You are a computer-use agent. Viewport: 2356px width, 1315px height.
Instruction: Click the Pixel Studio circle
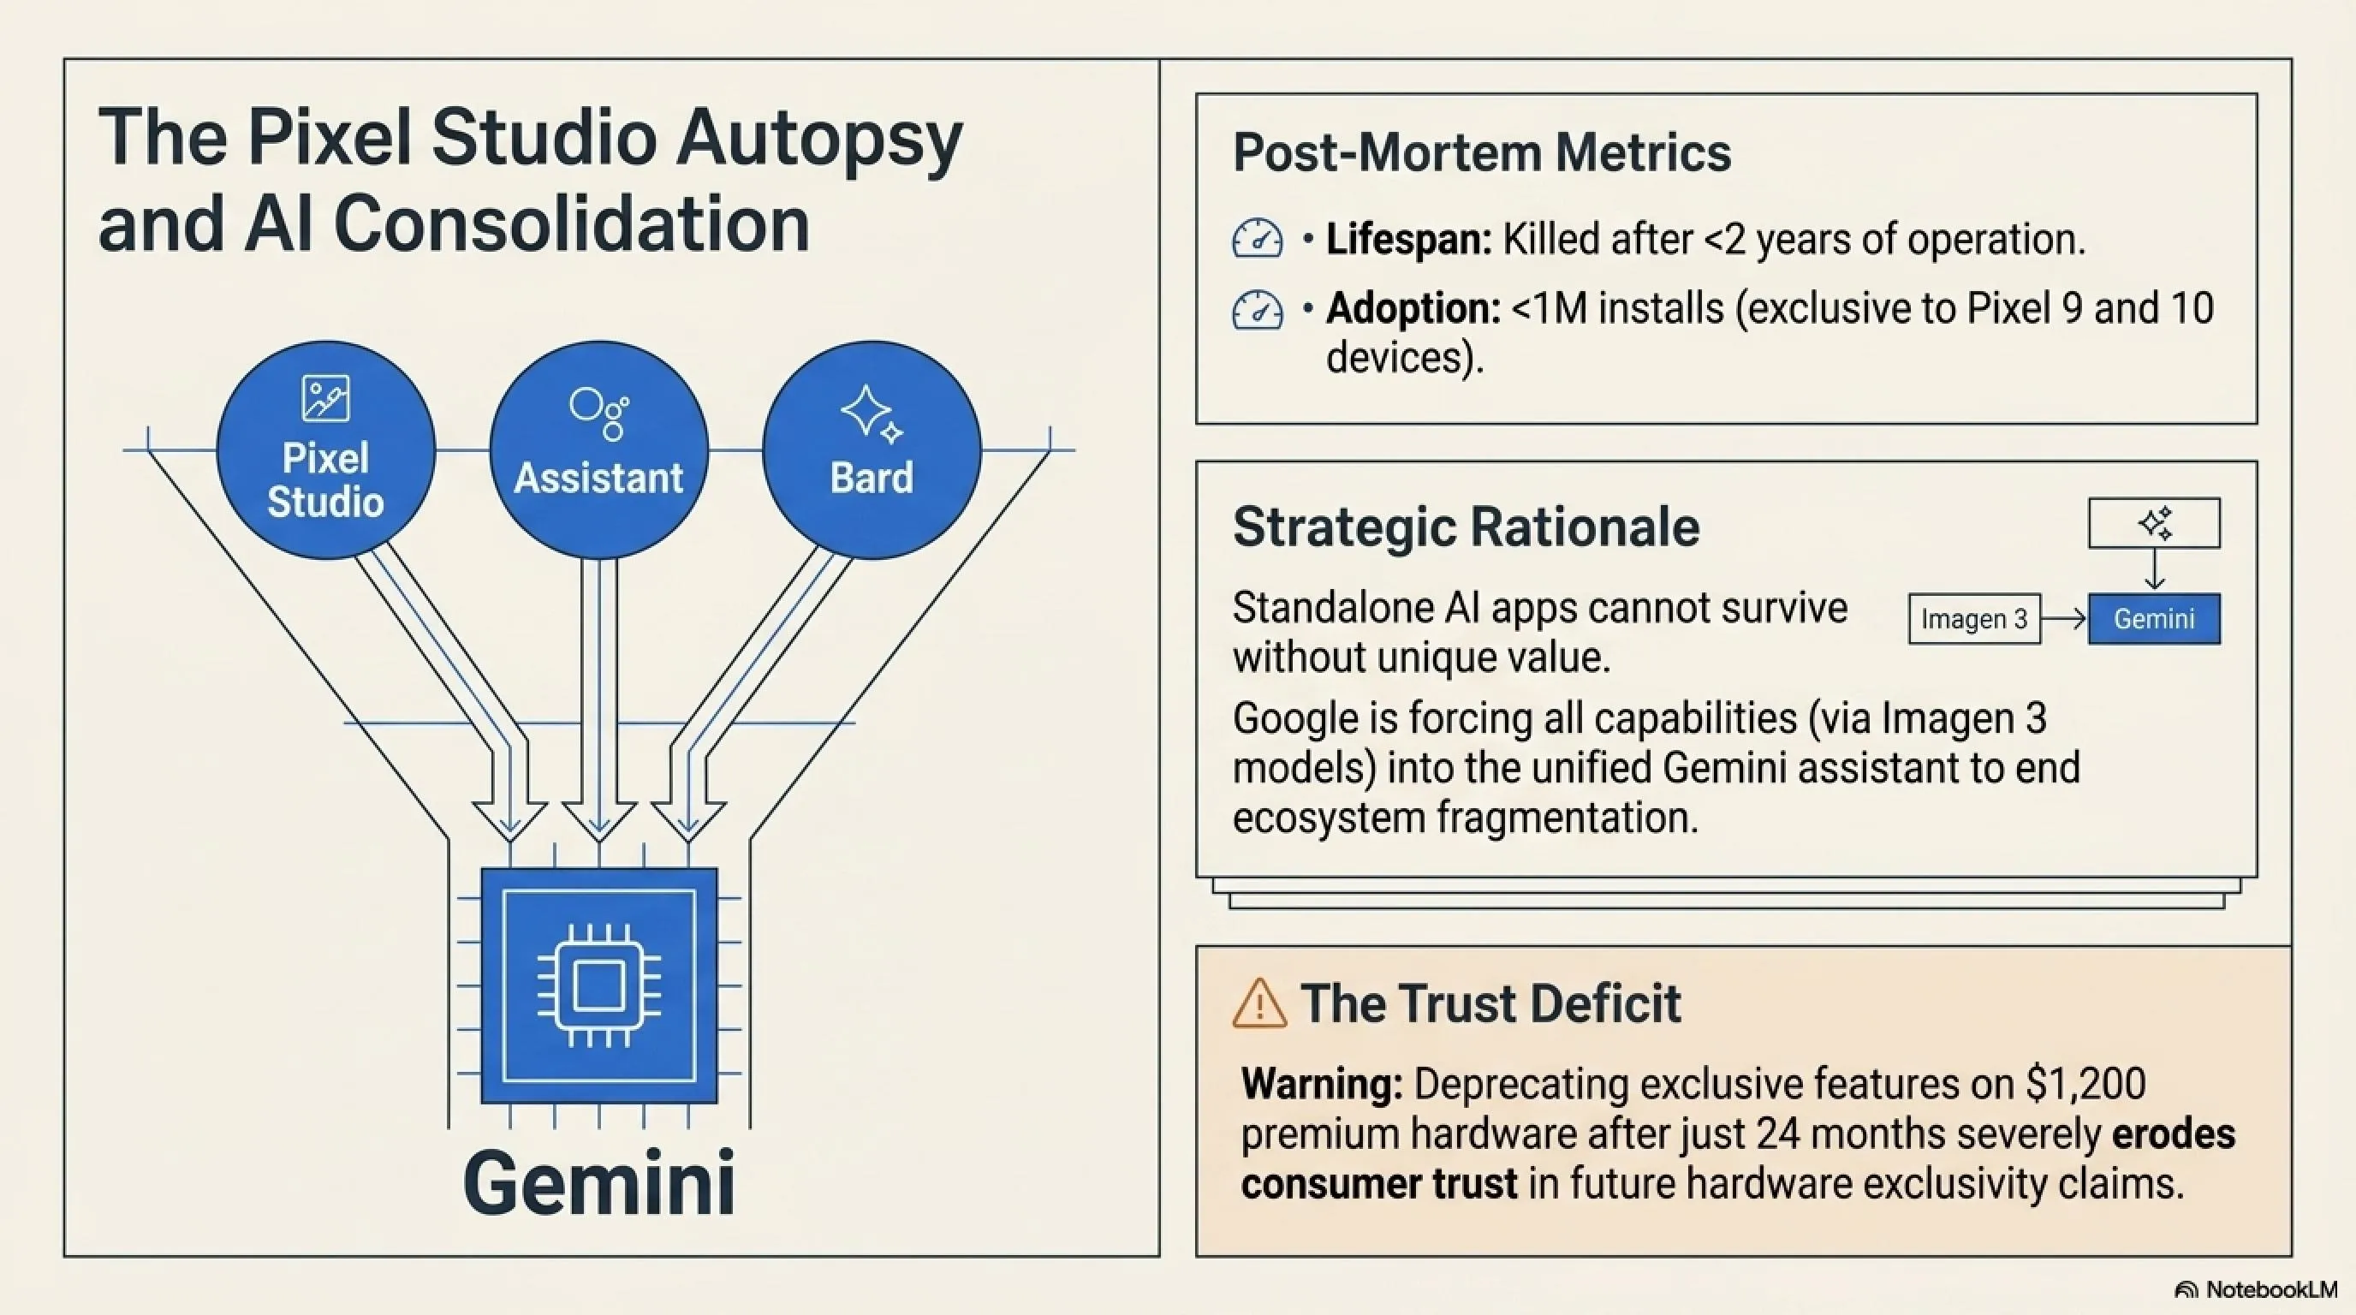coord(325,450)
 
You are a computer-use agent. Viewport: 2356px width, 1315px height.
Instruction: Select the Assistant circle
coord(599,450)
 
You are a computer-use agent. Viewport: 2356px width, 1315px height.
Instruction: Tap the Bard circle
coord(872,450)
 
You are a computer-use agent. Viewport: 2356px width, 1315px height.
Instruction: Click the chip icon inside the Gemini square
coord(599,985)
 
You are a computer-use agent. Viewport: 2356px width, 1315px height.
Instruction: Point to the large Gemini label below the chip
coord(599,1183)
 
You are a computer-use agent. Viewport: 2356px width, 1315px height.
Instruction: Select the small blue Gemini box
coord(2154,619)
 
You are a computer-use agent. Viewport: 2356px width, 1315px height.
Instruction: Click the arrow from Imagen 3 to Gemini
coord(2064,619)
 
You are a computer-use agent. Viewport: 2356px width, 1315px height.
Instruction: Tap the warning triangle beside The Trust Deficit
coord(1259,1003)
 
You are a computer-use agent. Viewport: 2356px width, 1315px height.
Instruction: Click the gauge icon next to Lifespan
coord(1258,239)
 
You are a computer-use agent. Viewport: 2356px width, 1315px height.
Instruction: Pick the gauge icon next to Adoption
coord(1258,309)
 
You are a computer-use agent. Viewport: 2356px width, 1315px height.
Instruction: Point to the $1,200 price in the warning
coord(2085,1084)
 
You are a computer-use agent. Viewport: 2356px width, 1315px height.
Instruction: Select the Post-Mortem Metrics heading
coord(1482,152)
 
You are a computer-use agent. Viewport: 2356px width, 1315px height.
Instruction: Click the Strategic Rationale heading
coord(1467,527)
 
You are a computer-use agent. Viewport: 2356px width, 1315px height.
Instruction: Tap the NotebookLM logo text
coord(2271,1289)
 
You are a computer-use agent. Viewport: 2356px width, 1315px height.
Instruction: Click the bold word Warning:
coord(1322,1084)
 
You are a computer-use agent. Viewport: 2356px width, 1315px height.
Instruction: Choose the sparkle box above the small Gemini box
coord(2154,523)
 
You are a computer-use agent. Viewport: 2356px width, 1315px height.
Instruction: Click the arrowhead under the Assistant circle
coord(599,820)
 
